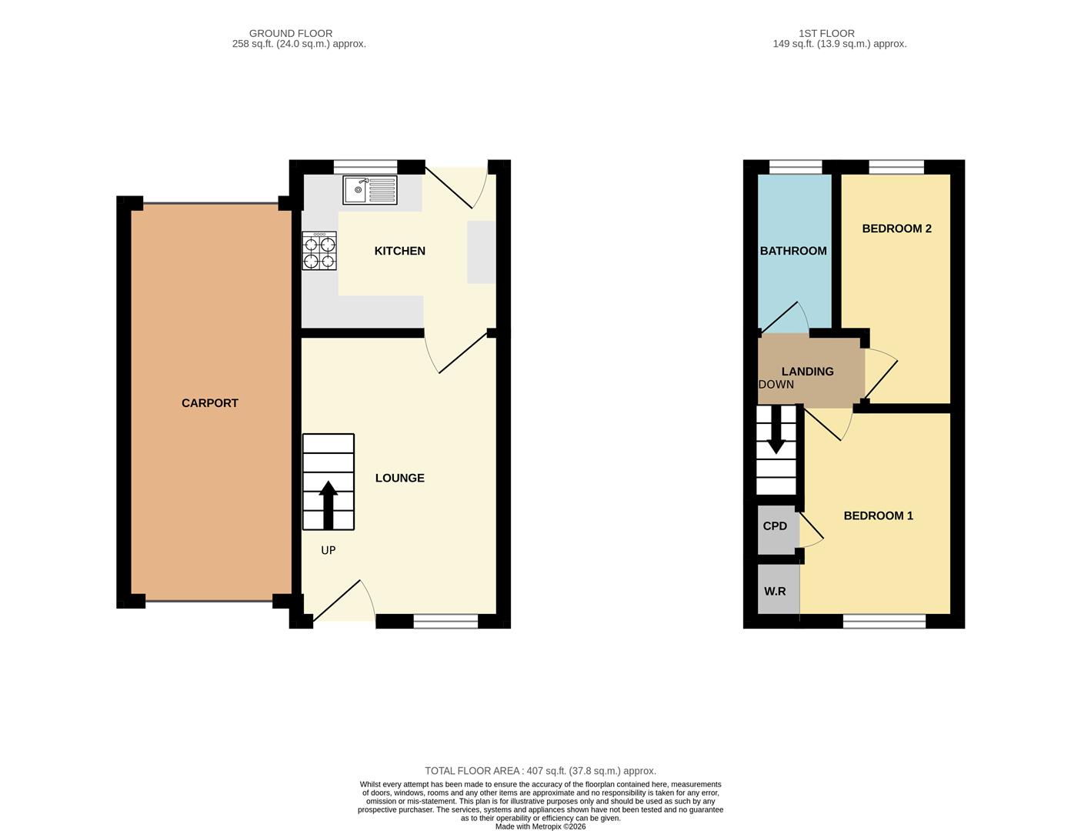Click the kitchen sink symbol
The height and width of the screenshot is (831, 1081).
(369, 189)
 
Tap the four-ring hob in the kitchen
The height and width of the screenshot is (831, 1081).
(319, 251)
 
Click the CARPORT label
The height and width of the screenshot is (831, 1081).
(209, 403)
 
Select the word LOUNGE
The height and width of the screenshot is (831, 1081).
(399, 478)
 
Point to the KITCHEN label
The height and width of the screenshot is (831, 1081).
(399, 251)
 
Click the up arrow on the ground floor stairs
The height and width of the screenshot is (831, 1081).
(329, 504)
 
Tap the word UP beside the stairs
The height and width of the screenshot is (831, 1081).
(328, 550)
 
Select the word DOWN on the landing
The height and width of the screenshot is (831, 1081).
(776, 385)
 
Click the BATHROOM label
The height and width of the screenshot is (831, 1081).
(793, 251)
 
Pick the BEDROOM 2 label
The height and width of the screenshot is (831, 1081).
(896, 229)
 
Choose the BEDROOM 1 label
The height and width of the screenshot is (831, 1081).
(878, 516)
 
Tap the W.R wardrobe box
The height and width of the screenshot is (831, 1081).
(776, 591)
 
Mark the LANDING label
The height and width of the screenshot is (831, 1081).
(807, 372)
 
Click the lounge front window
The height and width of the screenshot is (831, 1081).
(445, 622)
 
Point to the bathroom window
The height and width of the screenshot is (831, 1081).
(795, 167)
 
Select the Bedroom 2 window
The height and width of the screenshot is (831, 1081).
(896, 167)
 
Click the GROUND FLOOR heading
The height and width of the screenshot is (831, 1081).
(291, 33)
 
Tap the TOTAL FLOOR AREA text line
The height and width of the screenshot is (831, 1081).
(540, 770)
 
